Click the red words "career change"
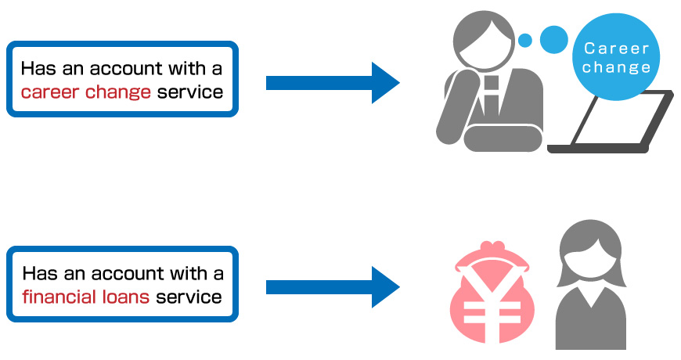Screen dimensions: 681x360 coord(86,92)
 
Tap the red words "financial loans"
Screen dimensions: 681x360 coord(86,297)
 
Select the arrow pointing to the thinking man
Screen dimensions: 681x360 coord(333,82)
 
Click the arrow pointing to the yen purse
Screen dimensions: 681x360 coord(333,287)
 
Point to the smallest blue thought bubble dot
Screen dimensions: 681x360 coord(525,41)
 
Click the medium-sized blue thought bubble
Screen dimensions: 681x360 coord(553,39)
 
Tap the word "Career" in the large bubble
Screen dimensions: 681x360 coord(616,49)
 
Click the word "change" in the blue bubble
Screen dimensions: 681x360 coord(616,67)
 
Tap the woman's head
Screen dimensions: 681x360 coord(592,253)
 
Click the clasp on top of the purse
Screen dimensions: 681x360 coord(492,247)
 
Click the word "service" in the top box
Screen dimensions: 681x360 coord(190,92)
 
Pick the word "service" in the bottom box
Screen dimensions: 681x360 coord(189,297)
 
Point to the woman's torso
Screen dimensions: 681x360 coord(591,319)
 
